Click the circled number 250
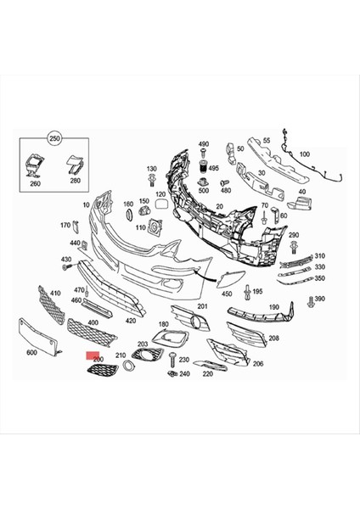coord(55,137)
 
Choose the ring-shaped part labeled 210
coord(125,366)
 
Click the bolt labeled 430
coord(66,268)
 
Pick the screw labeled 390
coord(309,299)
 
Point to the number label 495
coord(226,168)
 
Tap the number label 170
coord(65,225)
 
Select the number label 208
coord(273,338)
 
